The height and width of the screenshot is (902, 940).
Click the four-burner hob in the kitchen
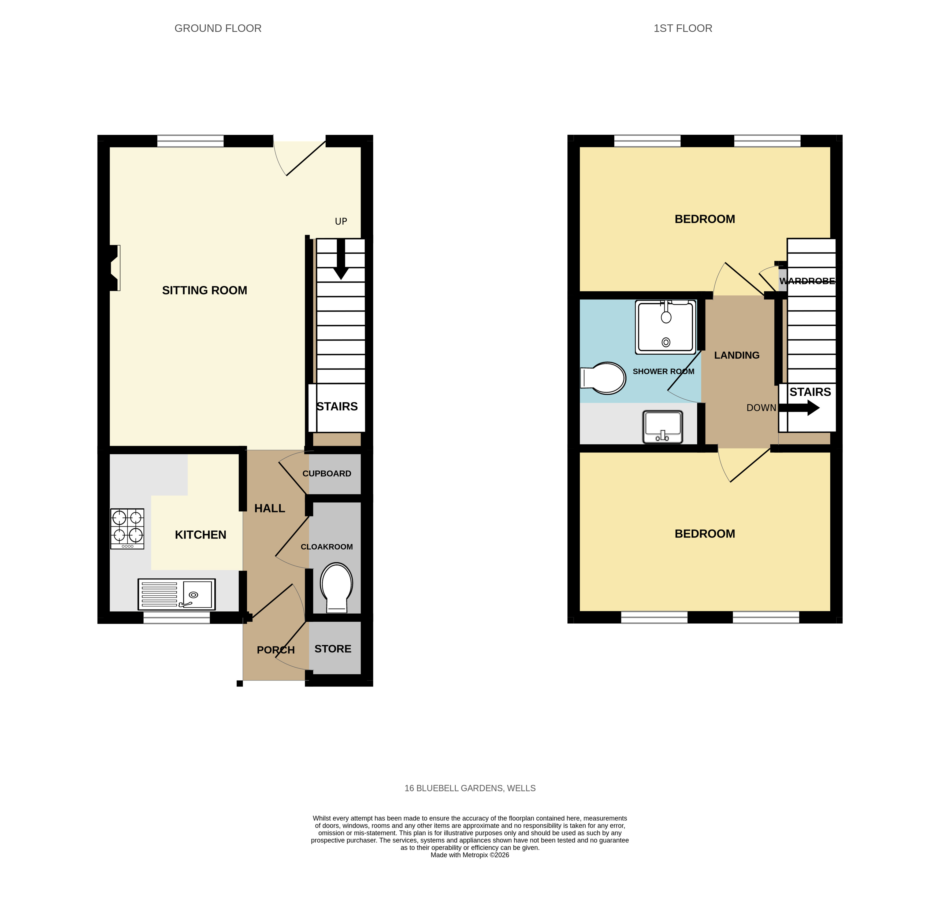127,528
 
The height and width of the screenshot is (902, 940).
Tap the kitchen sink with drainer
176,594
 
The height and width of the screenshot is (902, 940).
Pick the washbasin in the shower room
662,426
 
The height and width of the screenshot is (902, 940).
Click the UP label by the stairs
341,221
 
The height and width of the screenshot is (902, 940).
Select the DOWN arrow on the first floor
799,408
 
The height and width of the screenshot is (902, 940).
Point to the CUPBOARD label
327,473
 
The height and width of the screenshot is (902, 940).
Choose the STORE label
333,649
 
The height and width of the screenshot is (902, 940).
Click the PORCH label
276,650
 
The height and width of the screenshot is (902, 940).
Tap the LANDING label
737,355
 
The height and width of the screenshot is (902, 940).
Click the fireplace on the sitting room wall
114,268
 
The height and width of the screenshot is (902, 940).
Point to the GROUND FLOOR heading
218,28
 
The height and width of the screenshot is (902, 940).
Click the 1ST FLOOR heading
683,28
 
